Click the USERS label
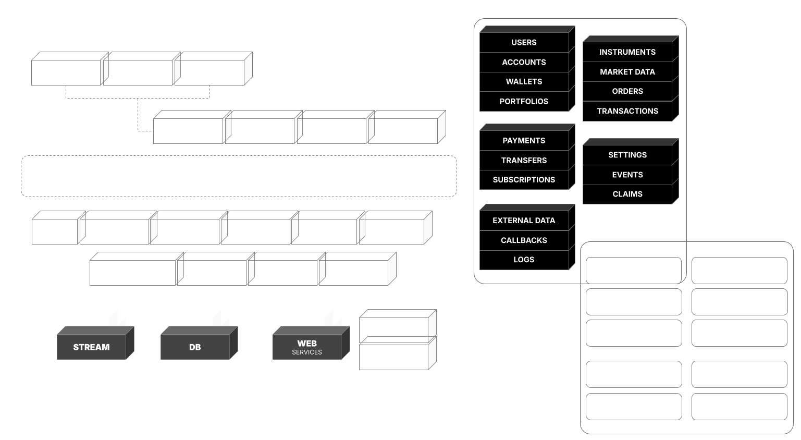524,42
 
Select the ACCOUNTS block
524,62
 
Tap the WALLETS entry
524,81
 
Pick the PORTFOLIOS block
524,101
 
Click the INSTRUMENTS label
627,52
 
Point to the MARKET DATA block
627,72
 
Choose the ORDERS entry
627,91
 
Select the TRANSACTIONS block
627,111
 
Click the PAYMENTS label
524,141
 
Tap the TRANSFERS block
524,161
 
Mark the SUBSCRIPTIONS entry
524,180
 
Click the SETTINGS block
627,155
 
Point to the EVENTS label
627,175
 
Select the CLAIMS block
627,194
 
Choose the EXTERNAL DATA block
524,221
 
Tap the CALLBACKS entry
524,240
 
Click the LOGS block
524,260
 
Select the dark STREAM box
92,347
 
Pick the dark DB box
195,347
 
